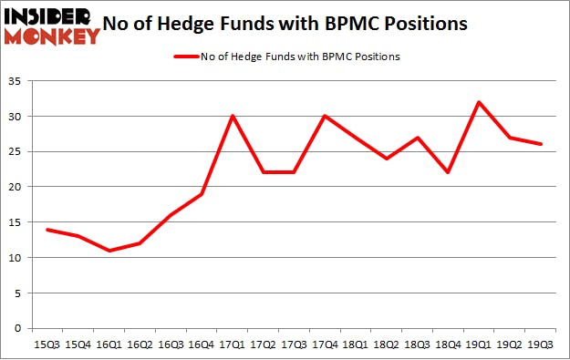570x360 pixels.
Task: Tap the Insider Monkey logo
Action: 51,26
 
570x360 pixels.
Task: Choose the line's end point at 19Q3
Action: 542,144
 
